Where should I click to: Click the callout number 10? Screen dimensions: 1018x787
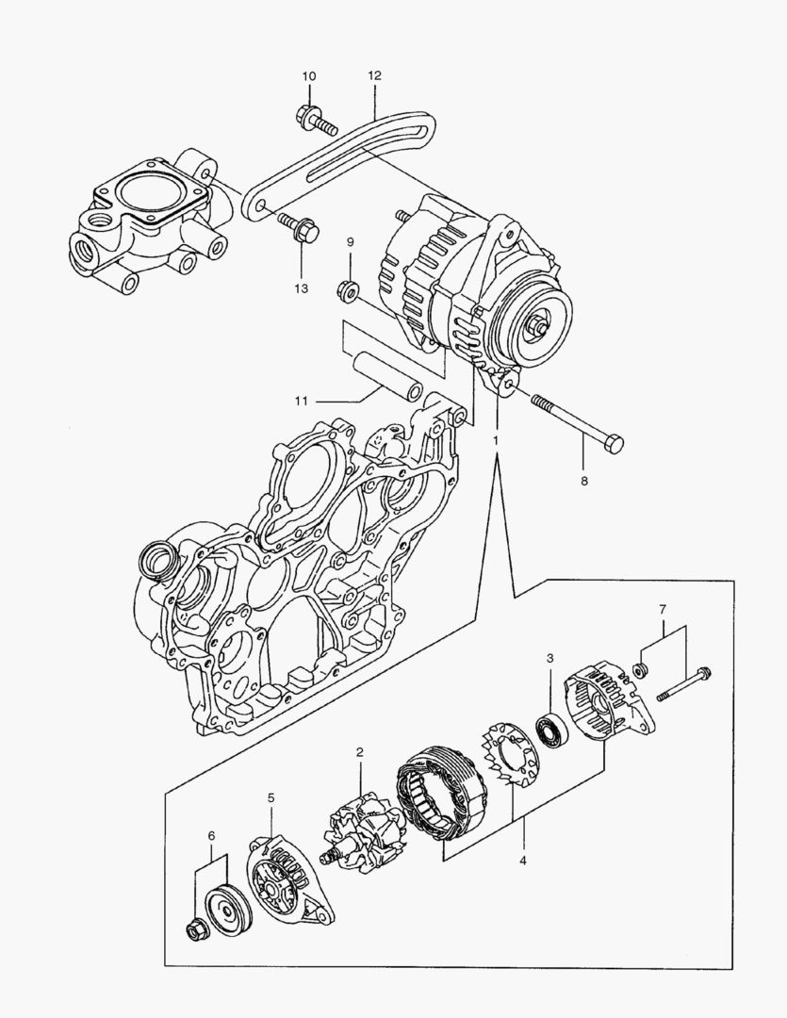(x=309, y=75)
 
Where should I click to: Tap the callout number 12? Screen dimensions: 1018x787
(x=374, y=74)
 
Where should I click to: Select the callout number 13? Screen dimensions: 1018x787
(x=300, y=288)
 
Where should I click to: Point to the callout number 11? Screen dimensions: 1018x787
(x=301, y=401)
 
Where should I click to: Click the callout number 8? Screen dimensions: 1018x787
(x=583, y=481)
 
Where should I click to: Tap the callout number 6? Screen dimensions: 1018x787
(x=211, y=835)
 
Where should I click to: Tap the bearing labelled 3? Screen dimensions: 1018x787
(x=550, y=731)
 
